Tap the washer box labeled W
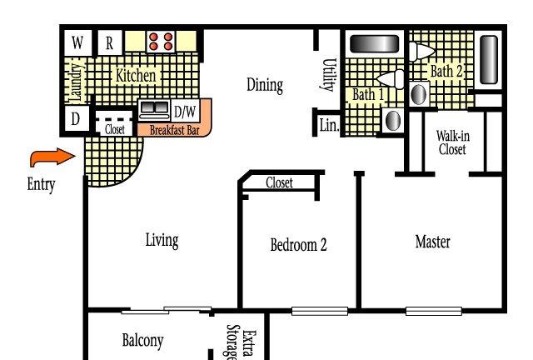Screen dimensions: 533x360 tap(77, 42)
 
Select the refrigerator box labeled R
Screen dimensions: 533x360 tap(109, 42)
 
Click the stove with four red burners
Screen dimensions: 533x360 tap(161, 42)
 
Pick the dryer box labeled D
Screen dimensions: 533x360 tap(77, 119)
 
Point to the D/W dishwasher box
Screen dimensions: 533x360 tap(185, 112)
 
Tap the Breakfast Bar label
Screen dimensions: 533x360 tap(174, 130)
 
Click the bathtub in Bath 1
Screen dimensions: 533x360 tap(374, 44)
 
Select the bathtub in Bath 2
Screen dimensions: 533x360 tap(489, 59)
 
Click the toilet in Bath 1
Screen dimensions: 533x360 tap(391, 79)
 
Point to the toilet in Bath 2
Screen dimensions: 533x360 tap(422, 52)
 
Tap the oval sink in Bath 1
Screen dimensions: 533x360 tap(393, 120)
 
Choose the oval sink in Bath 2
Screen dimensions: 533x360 tap(419, 94)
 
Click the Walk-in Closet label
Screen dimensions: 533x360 tap(453, 142)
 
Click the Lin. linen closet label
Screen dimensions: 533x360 tap(330, 125)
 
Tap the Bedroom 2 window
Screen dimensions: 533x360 tap(320, 311)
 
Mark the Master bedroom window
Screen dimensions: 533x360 tap(434, 311)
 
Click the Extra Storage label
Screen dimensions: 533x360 tap(242, 342)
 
